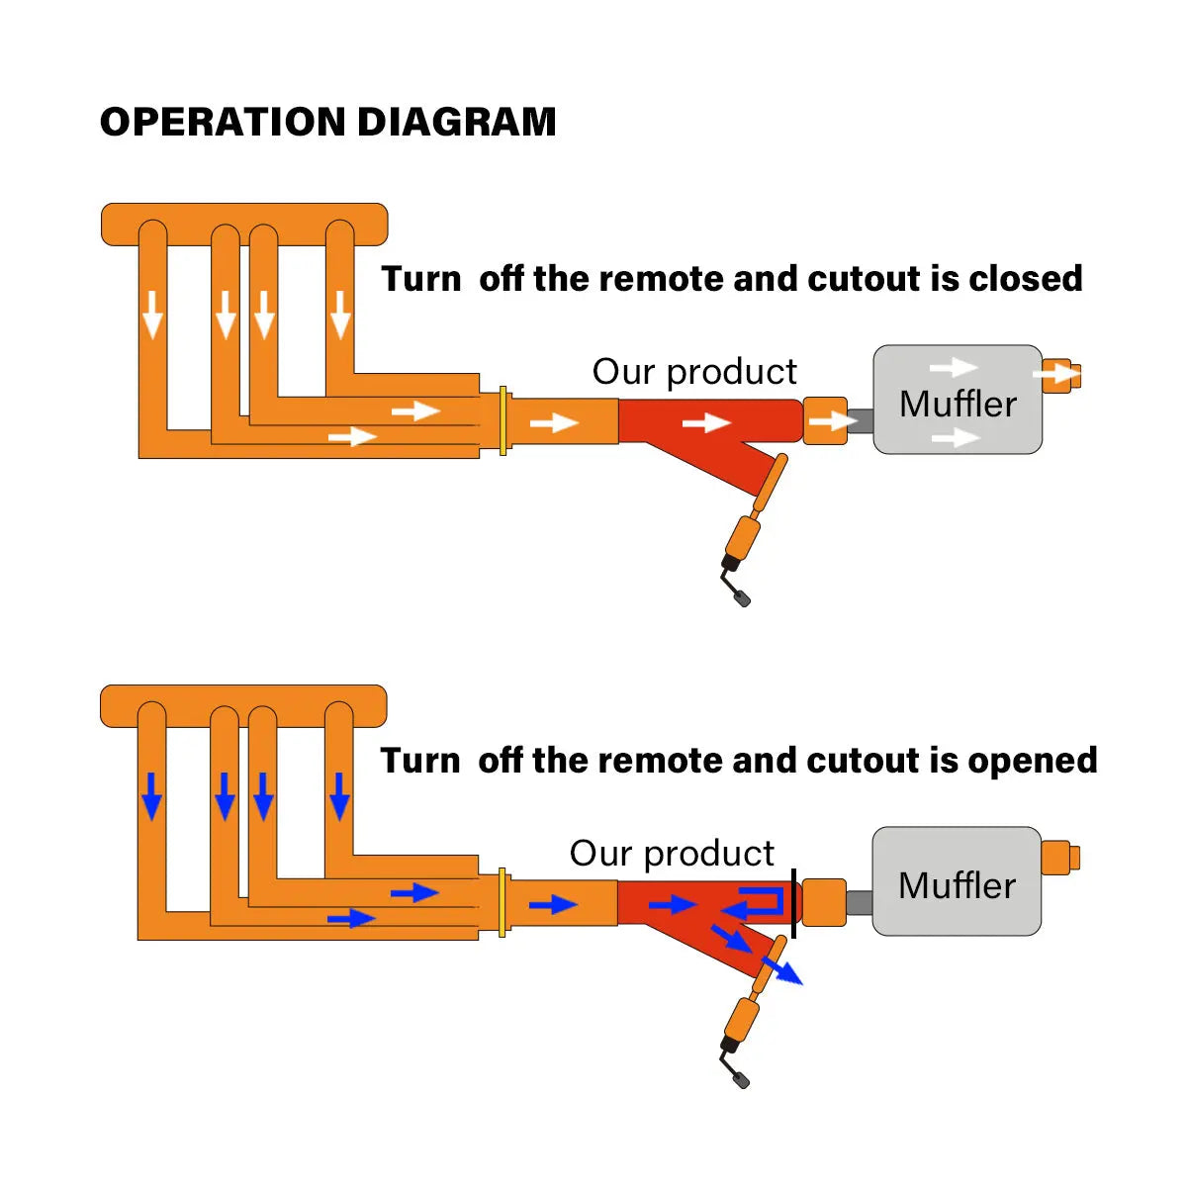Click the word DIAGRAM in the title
pyautogui.click(x=456, y=122)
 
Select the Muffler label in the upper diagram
pyautogui.click(x=958, y=404)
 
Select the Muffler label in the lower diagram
pyautogui.click(x=957, y=885)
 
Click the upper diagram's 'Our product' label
pyautogui.click(x=694, y=372)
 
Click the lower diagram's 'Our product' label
pyautogui.click(x=672, y=854)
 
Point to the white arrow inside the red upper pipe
pyautogui.click(x=706, y=422)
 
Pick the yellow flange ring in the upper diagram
pyautogui.click(x=503, y=420)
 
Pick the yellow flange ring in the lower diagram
pyautogui.click(x=503, y=902)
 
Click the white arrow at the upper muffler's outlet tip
pyautogui.click(x=1057, y=375)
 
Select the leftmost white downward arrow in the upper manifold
pyautogui.click(x=152, y=314)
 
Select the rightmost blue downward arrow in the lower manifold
pyautogui.click(x=339, y=795)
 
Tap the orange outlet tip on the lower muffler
pyautogui.click(x=1059, y=857)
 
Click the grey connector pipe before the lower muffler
pyautogui.click(x=859, y=902)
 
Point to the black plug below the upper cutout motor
pyautogui.click(x=742, y=597)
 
